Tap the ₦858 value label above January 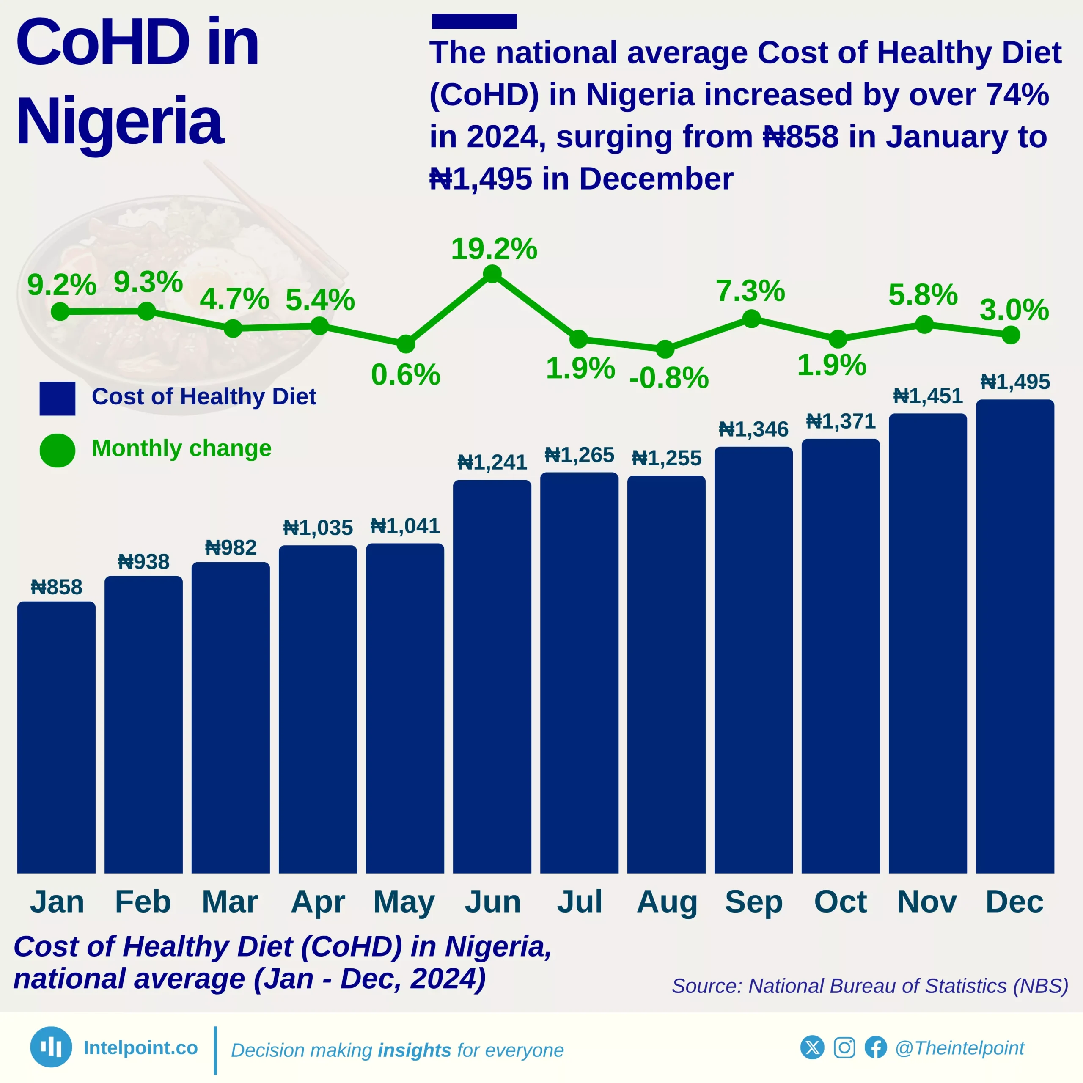point(57,587)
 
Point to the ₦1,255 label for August point(666,458)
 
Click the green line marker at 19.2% point(492,274)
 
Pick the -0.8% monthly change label point(669,377)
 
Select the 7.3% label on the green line point(750,291)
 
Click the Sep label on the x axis point(753,902)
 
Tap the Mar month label point(230,902)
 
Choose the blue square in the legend point(57,399)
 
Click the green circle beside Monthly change point(57,450)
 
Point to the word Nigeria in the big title point(120,121)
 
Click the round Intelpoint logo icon point(51,1047)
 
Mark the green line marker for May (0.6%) point(406,344)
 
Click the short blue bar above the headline point(474,21)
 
